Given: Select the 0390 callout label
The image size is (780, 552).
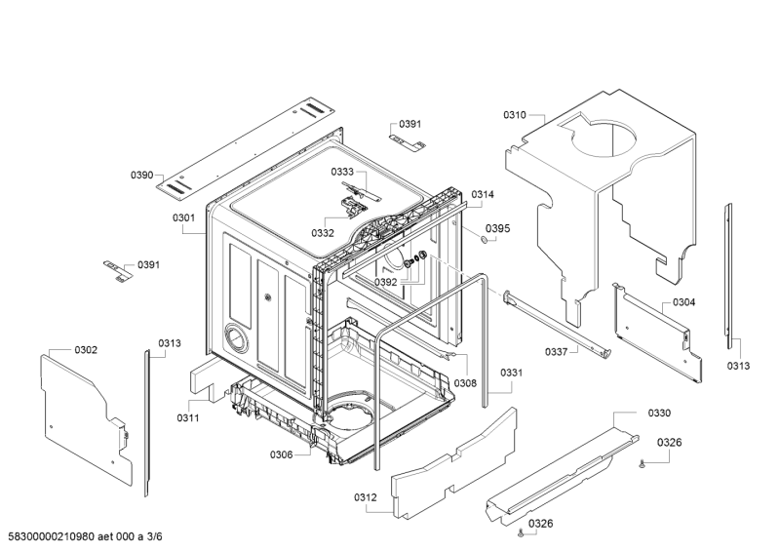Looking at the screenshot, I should (141, 176).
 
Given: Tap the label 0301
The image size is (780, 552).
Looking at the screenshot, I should (184, 217).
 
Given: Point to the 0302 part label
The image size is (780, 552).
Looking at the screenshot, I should (86, 349).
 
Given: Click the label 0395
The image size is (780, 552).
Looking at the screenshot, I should (497, 228).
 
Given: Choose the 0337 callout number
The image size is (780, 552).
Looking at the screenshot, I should (557, 352).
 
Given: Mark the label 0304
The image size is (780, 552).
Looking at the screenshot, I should (683, 302).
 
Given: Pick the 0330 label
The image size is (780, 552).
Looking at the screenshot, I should (659, 414).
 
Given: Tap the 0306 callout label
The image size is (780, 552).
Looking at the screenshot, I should (282, 454).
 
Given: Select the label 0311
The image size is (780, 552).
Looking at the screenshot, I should (188, 418).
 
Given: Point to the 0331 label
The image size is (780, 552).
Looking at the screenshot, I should (512, 373).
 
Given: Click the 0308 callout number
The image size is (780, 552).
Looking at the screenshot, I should (465, 383).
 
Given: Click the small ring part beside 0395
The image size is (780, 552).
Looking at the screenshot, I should (483, 239).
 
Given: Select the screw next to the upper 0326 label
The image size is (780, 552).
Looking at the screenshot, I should (642, 465).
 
